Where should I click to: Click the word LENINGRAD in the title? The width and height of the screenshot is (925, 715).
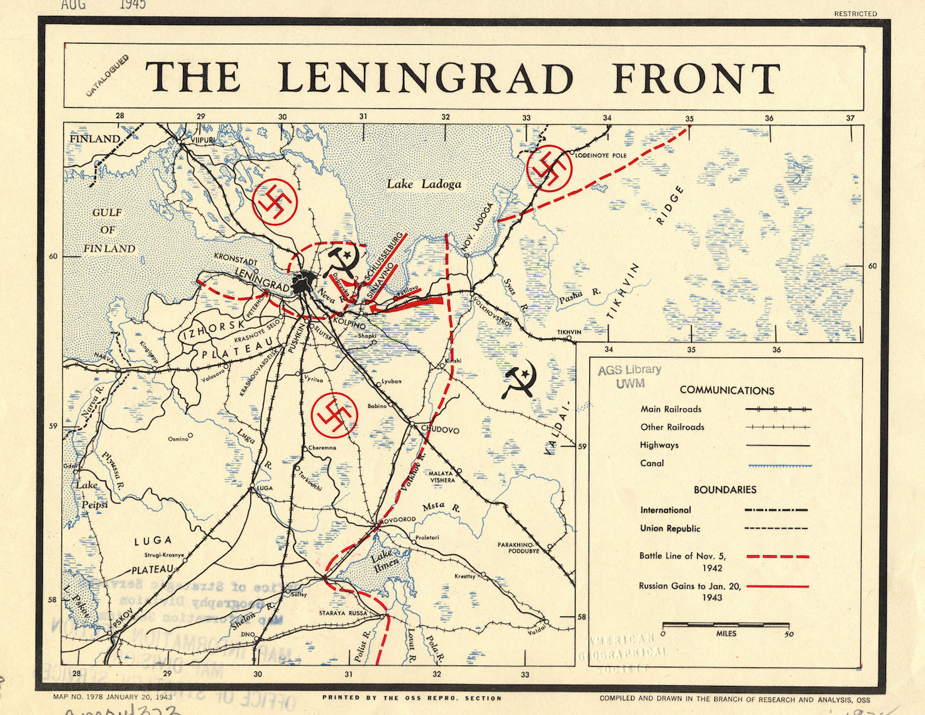(425, 78)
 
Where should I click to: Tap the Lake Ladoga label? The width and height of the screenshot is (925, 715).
(424, 184)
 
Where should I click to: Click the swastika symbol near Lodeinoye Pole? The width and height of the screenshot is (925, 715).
(548, 169)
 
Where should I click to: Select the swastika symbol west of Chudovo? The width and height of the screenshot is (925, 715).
(334, 414)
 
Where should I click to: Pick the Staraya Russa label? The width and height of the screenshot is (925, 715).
(343, 613)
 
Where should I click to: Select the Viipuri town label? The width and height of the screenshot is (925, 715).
(203, 141)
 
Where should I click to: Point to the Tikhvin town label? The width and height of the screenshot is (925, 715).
(569, 332)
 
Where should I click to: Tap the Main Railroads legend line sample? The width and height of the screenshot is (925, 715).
(778, 409)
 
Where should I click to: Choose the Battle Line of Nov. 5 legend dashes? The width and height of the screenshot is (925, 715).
(778, 556)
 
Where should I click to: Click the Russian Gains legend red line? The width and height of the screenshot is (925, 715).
(778, 586)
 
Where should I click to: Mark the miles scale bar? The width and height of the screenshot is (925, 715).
(725, 624)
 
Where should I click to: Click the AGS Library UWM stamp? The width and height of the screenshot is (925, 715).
(629, 376)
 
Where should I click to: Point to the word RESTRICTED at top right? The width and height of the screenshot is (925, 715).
(855, 13)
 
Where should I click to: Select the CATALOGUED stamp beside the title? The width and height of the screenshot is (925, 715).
(108, 76)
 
